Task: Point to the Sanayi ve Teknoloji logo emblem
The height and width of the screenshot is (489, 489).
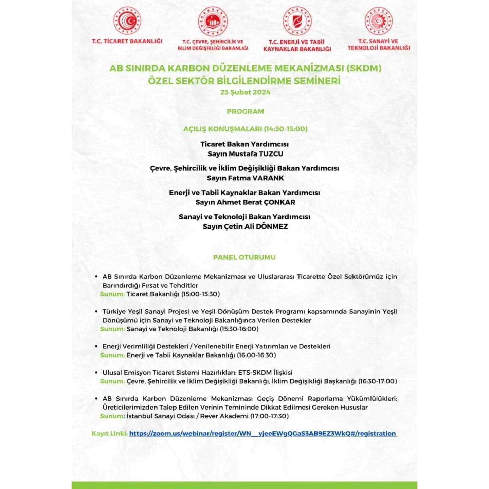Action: click(x=378, y=21)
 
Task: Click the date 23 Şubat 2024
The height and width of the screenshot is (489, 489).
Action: click(x=245, y=92)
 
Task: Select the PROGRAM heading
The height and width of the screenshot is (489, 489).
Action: click(x=245, y=111)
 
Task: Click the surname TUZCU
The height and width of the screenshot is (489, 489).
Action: click(x=271, y=154)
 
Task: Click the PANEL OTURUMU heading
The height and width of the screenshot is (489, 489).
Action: click(x=244, y=257)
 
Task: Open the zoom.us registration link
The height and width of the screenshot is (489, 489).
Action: click(x=262, y=434)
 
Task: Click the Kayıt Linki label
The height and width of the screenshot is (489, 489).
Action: click(x=110, y=434)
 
